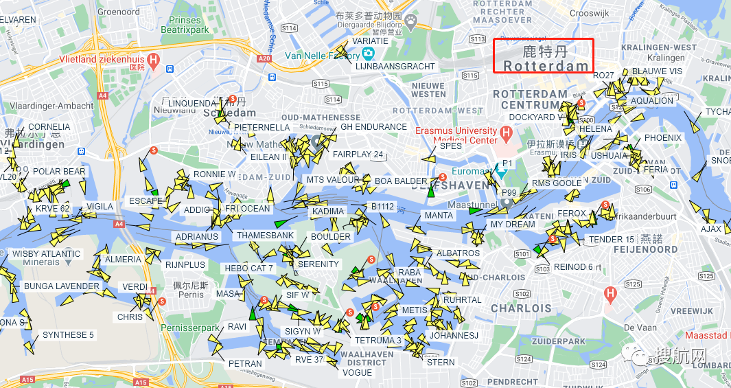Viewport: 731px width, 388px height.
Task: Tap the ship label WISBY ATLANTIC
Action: click(x=46, y=254)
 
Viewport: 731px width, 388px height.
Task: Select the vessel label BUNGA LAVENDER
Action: click(x=61, y=286)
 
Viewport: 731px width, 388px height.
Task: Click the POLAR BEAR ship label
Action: click(x=59, y=172)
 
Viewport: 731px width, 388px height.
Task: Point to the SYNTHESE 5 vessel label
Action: click(x=68, y=335)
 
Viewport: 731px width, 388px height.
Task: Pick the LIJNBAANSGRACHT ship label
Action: click(x=395, y=67)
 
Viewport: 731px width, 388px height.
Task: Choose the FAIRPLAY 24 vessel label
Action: click(x=358, y=155)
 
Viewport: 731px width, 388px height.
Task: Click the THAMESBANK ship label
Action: click(x=265, y=236)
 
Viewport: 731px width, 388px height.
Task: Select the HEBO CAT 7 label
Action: click(x=249, y=269)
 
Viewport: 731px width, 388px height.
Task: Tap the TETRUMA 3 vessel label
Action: click(x=378, y=341)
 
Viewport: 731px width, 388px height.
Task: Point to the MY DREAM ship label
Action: click(x=512, y=225)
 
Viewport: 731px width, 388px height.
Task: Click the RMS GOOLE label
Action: click(x=557, y=183)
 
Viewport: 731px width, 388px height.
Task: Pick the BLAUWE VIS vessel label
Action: click(x=657, y=71)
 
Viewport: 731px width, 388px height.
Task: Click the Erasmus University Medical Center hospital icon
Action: click(x=507, y=132)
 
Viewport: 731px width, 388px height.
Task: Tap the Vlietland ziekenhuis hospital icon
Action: click(x=154, y=60)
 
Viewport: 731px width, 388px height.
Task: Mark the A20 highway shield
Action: click(x=265, y=59)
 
